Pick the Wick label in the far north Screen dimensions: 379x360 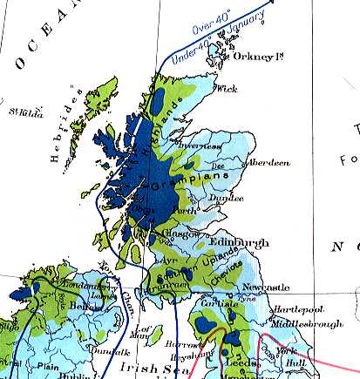click(227, 88)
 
